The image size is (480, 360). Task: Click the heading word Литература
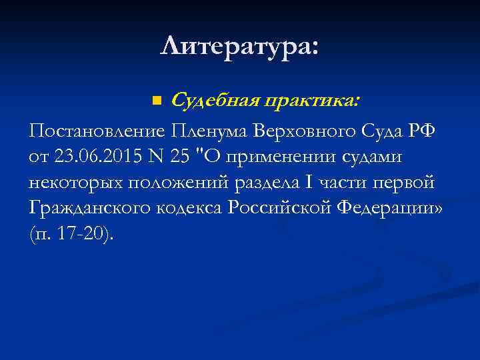pos(237,46)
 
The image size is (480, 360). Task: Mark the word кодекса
pos(191,208)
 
